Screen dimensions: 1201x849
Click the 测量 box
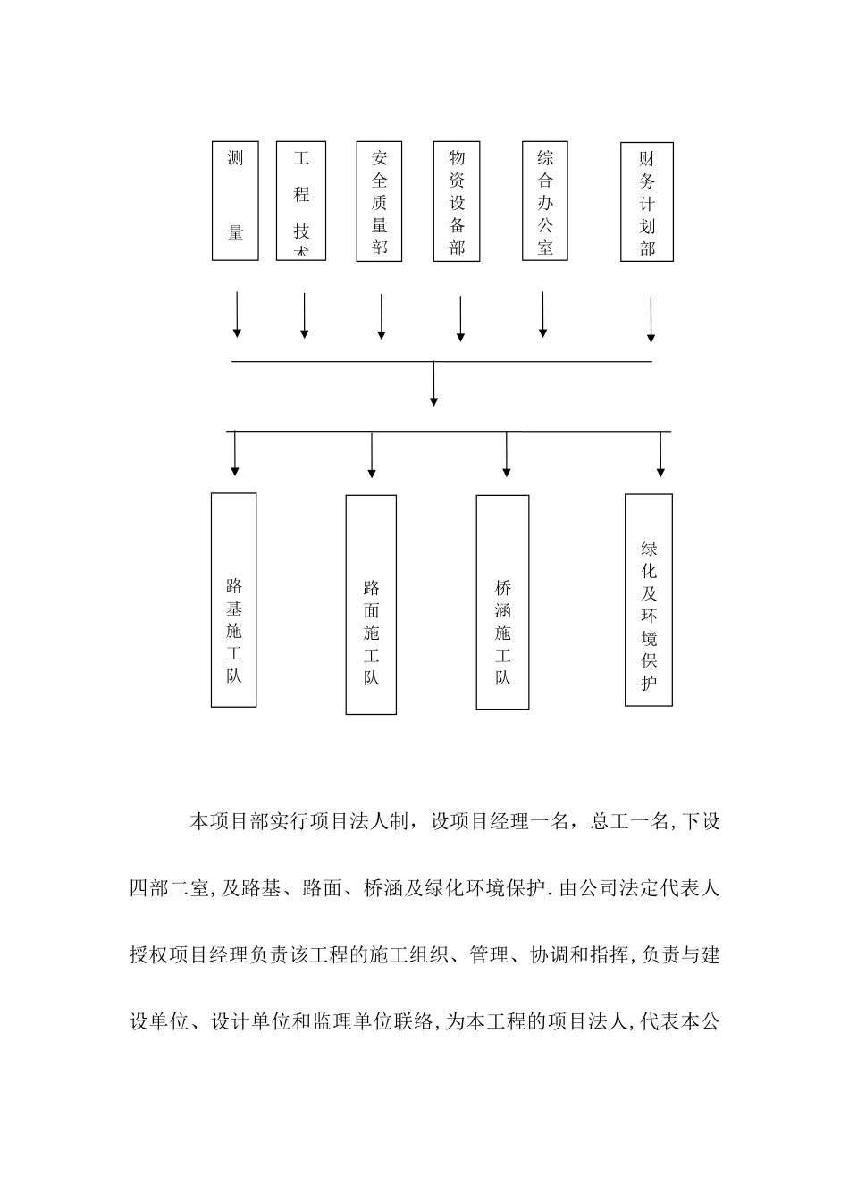235,200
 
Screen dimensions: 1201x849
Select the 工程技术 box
301,200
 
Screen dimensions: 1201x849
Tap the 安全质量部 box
379,201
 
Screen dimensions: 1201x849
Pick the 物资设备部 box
457,201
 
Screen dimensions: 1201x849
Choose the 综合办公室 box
545,201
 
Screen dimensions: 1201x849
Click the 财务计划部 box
647,202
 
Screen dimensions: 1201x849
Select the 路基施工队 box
233,600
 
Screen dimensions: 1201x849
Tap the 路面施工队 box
371,605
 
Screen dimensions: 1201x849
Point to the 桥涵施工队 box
502,602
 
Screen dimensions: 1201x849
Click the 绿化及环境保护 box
649,600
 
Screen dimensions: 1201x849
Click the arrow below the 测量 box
237,315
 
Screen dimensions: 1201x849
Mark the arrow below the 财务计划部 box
651,320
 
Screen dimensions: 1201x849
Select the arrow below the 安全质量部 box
382,316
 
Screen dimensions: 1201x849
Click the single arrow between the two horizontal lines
433,383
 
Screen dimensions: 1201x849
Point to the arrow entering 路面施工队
372,455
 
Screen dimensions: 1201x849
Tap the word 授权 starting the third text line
148,955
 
